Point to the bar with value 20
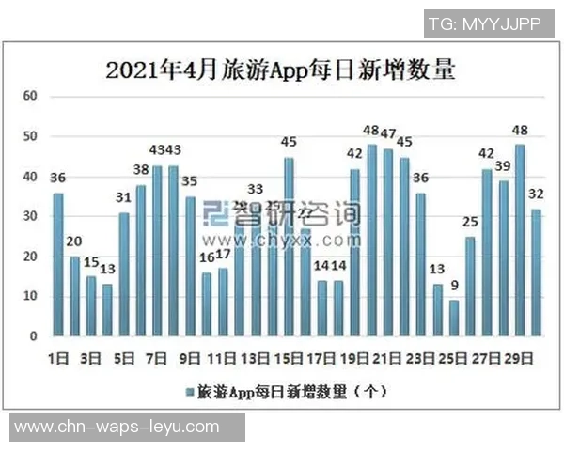coord(74,296)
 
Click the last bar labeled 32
coord(536,272)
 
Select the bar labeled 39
coord(503,258)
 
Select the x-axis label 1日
coord(57,358)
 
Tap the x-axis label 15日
coord(289,358)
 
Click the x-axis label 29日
coord(520,358)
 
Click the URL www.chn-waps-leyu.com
coord(117,427)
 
